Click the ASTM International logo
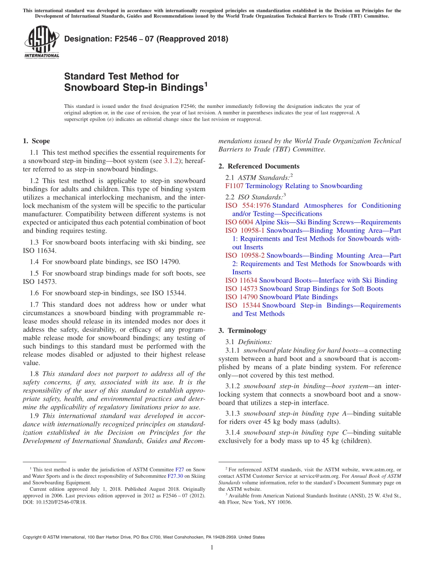(x=41, y=43)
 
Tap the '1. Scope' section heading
(x=36, y=141)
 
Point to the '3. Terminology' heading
(x=242, y=331)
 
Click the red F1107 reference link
(x=234, y=186)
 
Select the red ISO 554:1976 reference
(x=248, y=205)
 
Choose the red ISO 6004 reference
(x=239, y=222)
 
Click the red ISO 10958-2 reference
(x=245, y=255)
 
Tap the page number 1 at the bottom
(x=212, y=547)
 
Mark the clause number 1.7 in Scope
(x=34, y=305)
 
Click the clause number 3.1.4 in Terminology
(x=233, y=432)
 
